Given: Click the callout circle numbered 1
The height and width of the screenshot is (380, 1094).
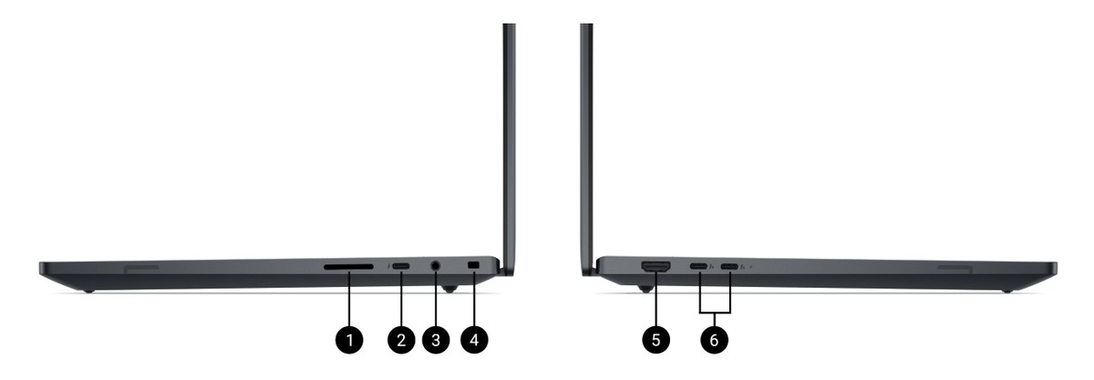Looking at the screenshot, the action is coord(349,340).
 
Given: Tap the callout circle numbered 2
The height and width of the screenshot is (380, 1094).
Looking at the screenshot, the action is coord(401,340).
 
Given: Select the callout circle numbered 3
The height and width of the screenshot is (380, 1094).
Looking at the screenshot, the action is coord(436,340).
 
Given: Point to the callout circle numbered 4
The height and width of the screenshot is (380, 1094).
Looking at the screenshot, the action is coord(474,340).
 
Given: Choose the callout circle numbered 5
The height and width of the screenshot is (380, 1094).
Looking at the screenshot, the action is coord(655,340).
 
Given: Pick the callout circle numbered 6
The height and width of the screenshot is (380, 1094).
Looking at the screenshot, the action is coord(715,340).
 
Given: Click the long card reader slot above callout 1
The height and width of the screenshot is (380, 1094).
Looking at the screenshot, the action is coord(348,267).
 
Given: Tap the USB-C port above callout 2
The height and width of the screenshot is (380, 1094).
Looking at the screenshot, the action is coord(401,266).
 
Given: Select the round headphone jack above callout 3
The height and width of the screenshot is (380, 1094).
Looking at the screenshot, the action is coord(436,266).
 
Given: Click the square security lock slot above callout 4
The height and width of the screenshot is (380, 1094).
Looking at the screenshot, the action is coord(474,265).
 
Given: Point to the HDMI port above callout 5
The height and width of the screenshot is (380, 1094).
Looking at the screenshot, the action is coord(655,266).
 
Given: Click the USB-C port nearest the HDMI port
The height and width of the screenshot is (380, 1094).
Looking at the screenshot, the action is coord(698,267).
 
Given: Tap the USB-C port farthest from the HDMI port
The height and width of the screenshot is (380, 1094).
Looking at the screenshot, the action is coord(729,267).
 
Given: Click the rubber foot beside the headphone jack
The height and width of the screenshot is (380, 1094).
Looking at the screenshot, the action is coord(449,289).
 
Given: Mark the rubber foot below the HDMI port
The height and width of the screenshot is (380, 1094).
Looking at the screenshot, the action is coord(645,289).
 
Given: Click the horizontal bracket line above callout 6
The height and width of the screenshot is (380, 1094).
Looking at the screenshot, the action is coord(716,312).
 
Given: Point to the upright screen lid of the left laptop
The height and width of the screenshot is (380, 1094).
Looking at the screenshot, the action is coord(509,147).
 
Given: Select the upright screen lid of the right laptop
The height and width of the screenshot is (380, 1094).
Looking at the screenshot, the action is coord(586,147).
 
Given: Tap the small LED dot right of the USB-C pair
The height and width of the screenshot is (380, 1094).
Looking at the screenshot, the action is coord(750,267).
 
